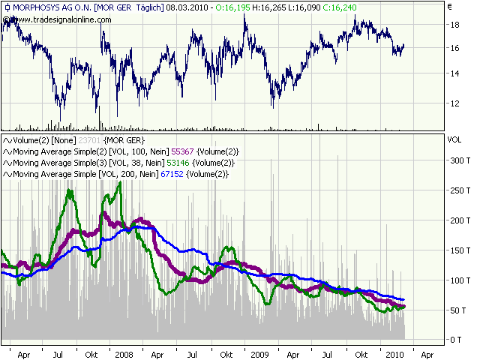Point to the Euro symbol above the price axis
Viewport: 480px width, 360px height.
coord(449,7)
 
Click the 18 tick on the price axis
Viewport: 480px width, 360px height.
coord(454,25)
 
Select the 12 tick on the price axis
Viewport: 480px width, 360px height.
coord(454,102)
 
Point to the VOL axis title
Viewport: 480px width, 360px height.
coord(454,139)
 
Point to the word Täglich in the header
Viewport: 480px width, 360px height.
coord(148,7)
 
